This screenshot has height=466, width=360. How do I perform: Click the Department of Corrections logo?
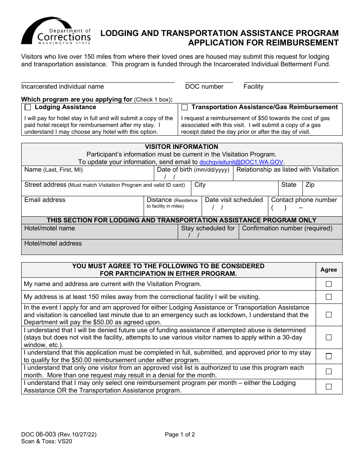(x=56, y=31)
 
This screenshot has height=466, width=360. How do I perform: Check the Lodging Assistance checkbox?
(x=28, y=108)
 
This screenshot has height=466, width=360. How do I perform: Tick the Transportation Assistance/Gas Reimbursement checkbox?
(x=185, y=108)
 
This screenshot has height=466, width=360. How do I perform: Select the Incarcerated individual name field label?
(x=63, y=87)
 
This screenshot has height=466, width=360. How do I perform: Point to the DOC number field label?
(x=204, y=87)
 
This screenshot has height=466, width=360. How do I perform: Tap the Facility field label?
(x=253, y=87)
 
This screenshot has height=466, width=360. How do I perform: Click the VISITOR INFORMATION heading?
(x=182, y=147)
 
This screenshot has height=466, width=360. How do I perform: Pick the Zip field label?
(x=310, y=185)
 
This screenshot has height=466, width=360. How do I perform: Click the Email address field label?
(x=45, y=200)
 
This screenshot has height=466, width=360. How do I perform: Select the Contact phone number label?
(x=304, y=200)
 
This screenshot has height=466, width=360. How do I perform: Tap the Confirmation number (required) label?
(x=287, y=228)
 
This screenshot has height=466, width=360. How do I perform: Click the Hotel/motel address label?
(x=53, y=244)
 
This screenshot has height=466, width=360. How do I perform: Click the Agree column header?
(x=329, y=270)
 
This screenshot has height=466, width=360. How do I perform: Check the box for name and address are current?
(x=329, y=284)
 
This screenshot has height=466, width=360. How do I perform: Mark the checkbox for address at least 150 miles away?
(x=329, y=297)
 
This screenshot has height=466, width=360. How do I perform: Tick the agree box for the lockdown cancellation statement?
(x=329, y=315)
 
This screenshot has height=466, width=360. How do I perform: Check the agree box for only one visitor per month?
(x=329, y=372)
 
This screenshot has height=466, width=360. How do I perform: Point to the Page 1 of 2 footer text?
(x=180, y=435)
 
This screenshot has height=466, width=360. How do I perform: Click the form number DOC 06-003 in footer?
(x=38, y=435)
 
